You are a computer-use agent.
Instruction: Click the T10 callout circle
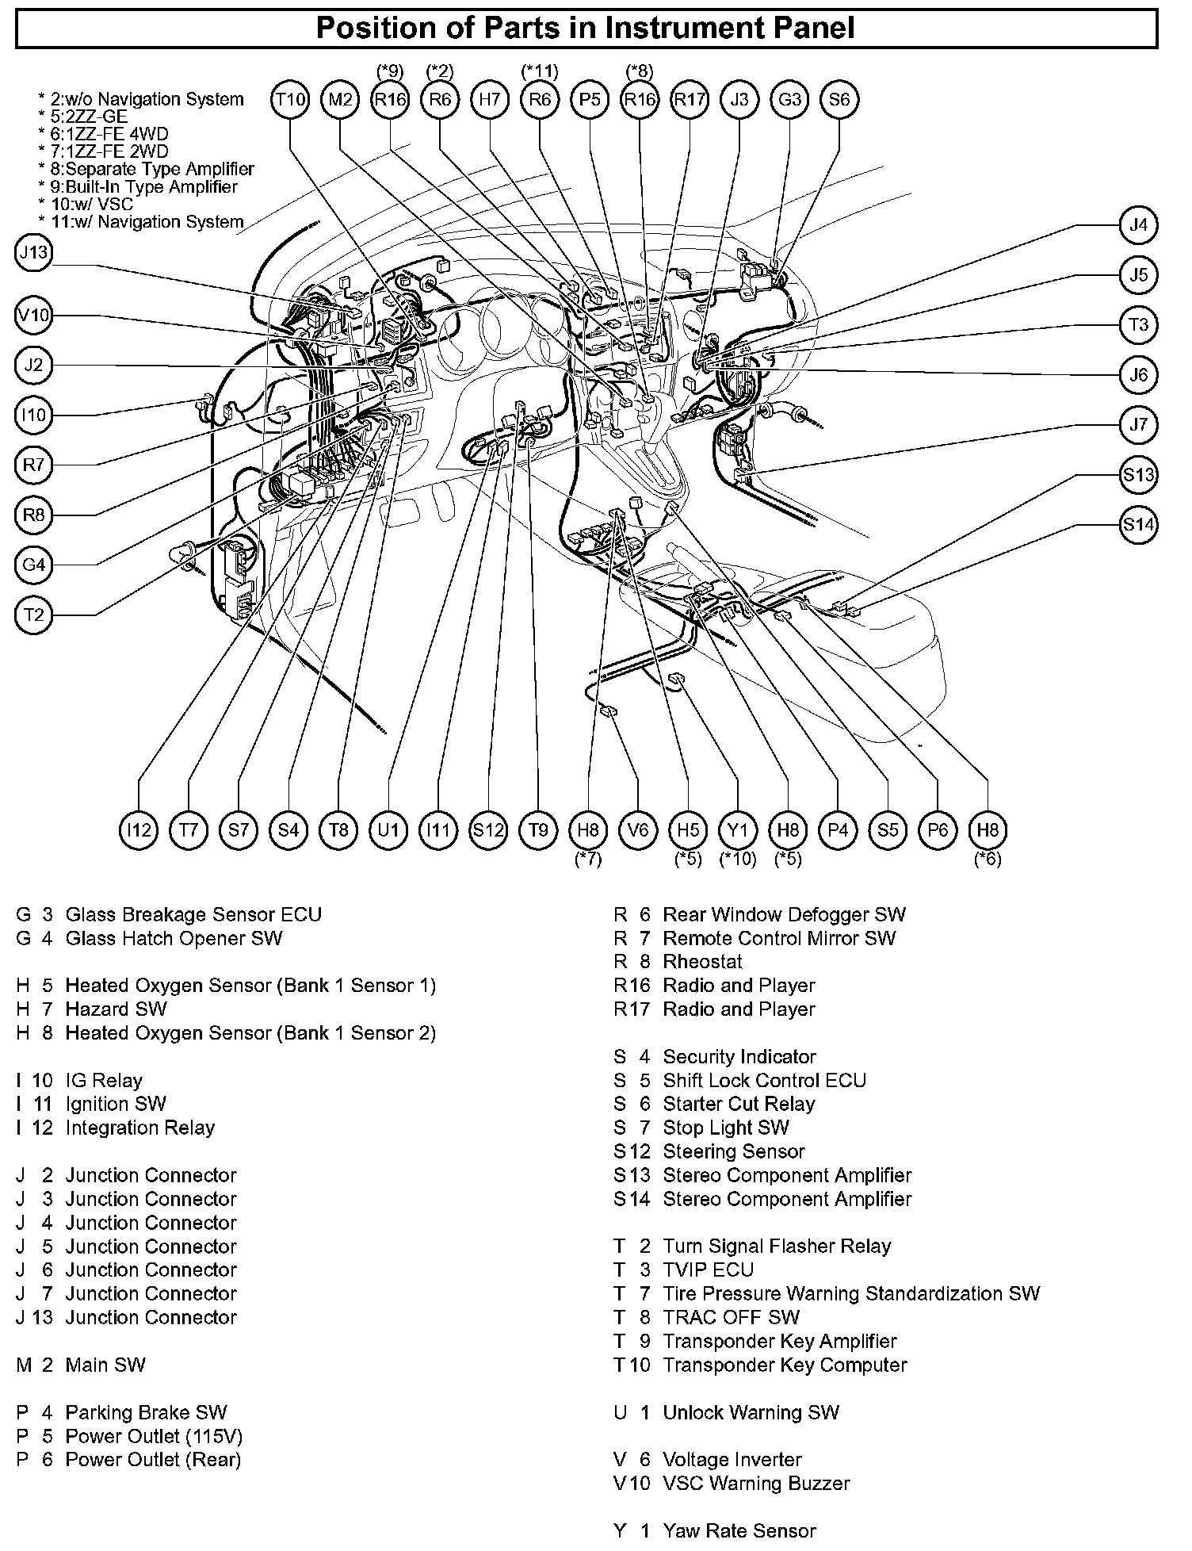click(x=290, y=100)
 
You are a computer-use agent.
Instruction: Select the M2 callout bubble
click(x=340, y=100)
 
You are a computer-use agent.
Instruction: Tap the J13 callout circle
click(x=33, y=253)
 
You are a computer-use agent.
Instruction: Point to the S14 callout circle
click(x=1138, y=525)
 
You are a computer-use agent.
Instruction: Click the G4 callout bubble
click(x=33, y=565)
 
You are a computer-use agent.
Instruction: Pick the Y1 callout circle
click(x=738, y=830)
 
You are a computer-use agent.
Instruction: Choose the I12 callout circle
click(x=139, y=830)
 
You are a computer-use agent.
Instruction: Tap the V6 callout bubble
click(x=638, y=830)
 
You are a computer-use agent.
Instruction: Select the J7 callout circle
click(x=1138, y=425)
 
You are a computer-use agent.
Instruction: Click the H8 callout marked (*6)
click(x=988, y=830)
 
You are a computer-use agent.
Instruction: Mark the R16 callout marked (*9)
click(x=390, y=100)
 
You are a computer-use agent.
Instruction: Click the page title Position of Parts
click(x=586, y=29)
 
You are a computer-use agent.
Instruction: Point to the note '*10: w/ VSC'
click(x=86, y=205)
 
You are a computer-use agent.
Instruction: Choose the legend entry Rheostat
click(x=702, y=962)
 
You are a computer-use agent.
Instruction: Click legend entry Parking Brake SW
click(x=146, y=1412)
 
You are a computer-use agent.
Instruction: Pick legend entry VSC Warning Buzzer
click(x=756, y=1484)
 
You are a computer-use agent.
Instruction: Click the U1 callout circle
click(x=388, y=830)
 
